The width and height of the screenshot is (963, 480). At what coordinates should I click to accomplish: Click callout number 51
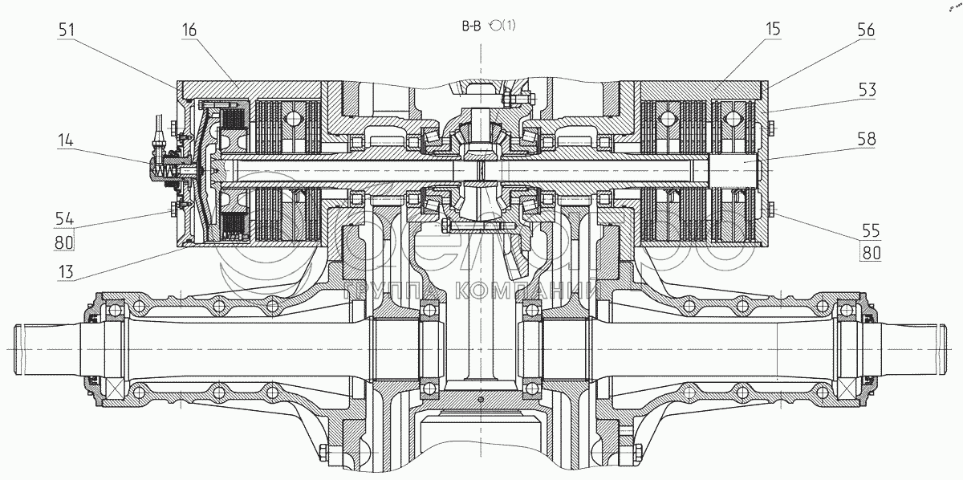67,31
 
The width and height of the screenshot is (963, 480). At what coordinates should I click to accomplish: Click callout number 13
67,271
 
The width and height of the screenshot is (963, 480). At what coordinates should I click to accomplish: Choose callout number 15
774,31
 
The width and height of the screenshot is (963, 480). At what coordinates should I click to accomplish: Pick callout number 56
866,31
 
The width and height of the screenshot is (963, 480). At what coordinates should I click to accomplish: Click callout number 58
866,140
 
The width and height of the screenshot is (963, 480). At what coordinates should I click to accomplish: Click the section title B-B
471,26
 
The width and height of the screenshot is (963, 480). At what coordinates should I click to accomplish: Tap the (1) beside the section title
507,26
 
